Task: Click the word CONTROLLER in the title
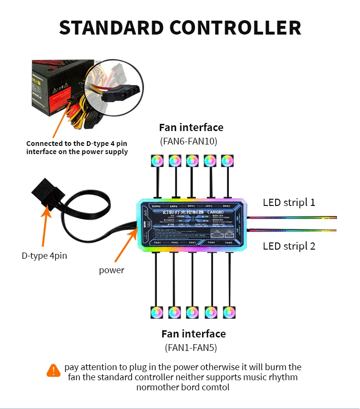click(x=238, y=28)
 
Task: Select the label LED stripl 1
click(x=289, y=202)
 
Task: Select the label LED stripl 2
click(x=289, y=246)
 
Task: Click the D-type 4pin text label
click(x=44, y=256)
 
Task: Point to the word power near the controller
click(x=111, y=270)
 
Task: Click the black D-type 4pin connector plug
click(x=48, y=192)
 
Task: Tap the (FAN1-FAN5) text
click(x=192, y=348)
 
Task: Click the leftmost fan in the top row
click(x=157, y=161)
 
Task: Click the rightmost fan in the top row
click(x=227, y=161)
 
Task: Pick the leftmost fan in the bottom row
click(x=157, y=312)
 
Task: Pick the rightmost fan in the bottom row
click(x=229, y=312)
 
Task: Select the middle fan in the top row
click(x=192, y=161)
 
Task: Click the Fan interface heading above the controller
click(x=191, y=128)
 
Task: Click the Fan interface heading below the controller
click(x=193, y=334)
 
